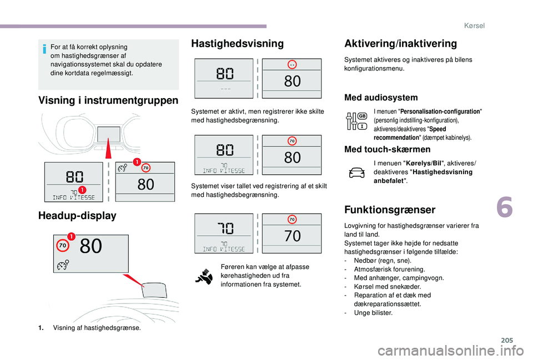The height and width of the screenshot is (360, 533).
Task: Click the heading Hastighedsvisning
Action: click(x=237, y=43)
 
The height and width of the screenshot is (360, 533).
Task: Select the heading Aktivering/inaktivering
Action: click(x=400, y=44)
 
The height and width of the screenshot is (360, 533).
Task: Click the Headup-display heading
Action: click(x=77, y=216)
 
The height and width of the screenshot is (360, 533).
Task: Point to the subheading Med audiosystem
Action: click(x=381, y=98)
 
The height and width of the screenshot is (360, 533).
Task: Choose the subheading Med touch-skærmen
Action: click(x=387, y=149)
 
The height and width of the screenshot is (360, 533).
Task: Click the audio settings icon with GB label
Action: click(x=356, y=121)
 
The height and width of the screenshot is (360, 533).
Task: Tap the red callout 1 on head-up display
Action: click(x=72, y=237)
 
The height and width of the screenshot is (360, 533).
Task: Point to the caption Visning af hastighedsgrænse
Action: click(x=97, y=328)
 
